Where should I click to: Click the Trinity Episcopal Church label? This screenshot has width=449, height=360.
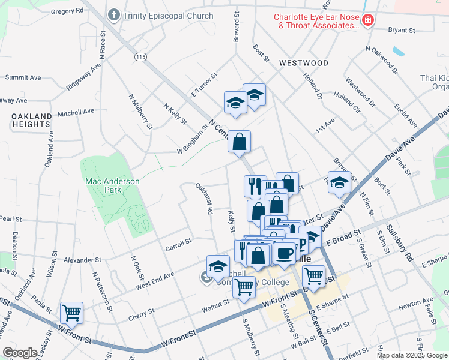pyautogui.click(x=168, y=16)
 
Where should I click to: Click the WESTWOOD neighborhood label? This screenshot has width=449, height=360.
pyautogui.click(x=303, y=63)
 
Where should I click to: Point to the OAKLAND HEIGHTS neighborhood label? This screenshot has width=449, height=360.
pyautogui.click(x=31, y=119)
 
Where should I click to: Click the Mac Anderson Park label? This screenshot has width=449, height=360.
pyautogui.click(x=112, y=185)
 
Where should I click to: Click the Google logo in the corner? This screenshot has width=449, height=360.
pyautogui.click(x=20, y=353)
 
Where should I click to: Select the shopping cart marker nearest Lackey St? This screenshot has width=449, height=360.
pyautogui.click(x=71, y=312)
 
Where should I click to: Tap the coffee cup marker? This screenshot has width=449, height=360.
pyautogui.click(x=285, y=251)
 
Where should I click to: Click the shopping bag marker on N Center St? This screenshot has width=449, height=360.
pyautogui.click(x=239, y=142)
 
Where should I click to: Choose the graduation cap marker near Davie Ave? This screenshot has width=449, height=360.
pyautogui.click(x=340, y=182)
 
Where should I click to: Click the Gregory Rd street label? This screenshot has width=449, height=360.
pyautogui.click(x=67, y=11)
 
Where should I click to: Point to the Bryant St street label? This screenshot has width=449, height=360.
pyautogui.click(x=402, y=30)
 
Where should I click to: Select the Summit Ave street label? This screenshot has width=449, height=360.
pyautogui.click(x=23, y=77)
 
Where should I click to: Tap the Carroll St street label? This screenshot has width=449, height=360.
pyautogui.click(x=179, y=241)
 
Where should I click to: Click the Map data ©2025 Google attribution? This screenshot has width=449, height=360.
pyautogui.click(x=412, y=355)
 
